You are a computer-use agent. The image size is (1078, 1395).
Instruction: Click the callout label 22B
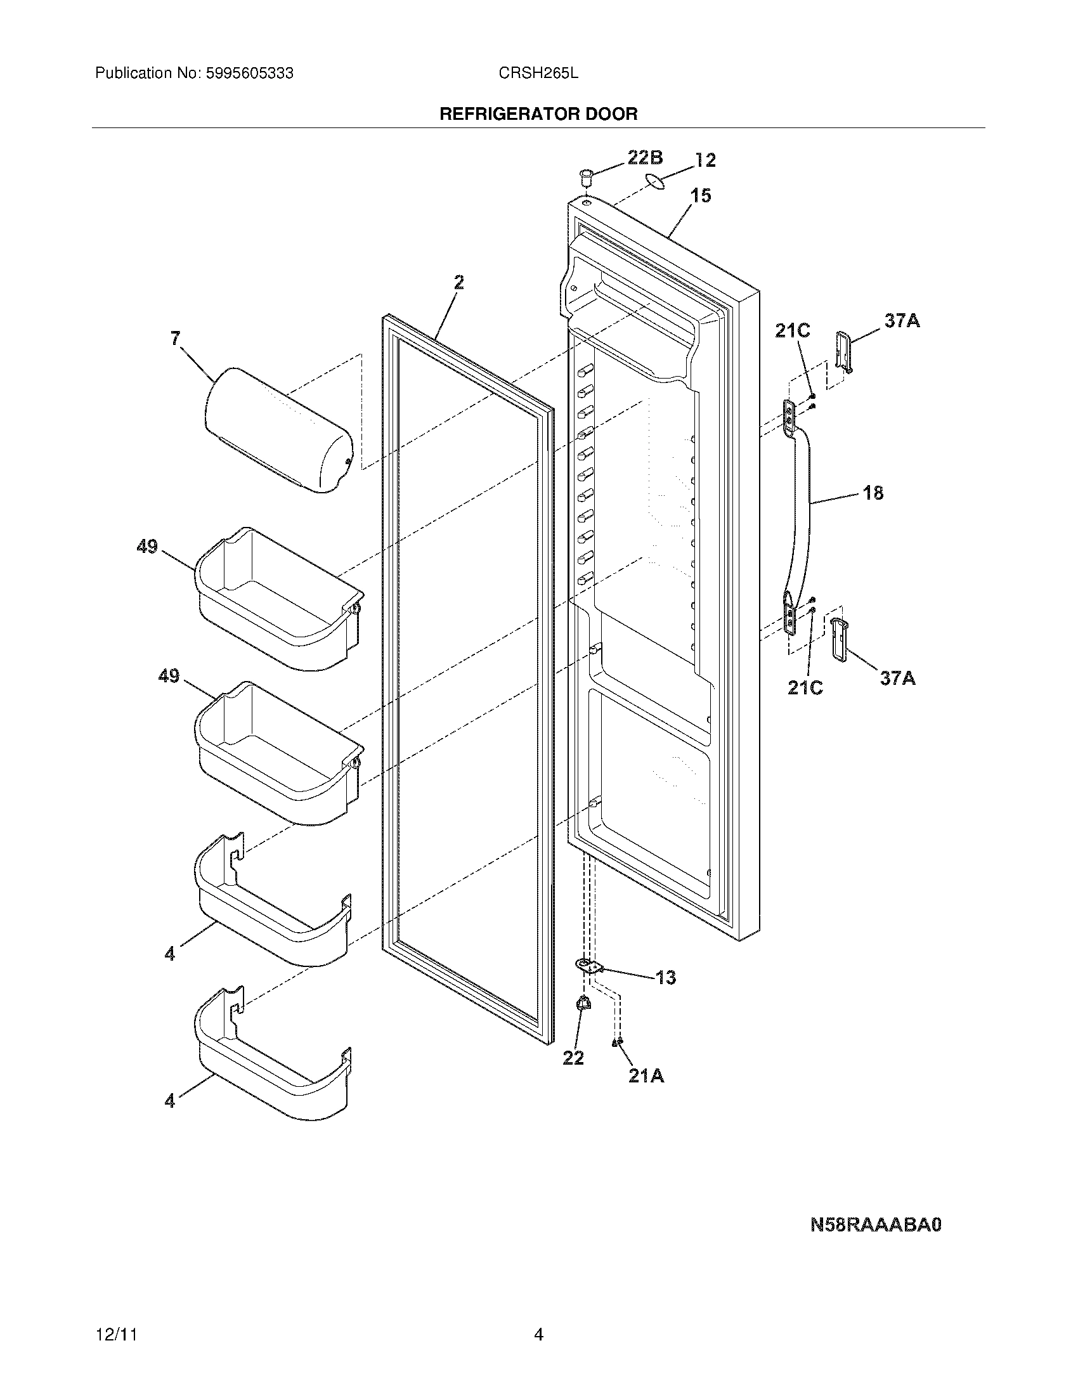click(644, 157)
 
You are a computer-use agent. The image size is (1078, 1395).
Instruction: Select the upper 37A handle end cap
click(843, 351)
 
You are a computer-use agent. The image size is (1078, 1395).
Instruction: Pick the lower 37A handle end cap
click(838, 639)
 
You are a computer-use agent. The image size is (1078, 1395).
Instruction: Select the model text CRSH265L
click(538, 74)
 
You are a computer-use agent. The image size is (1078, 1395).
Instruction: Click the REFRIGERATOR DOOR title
click(538, 114)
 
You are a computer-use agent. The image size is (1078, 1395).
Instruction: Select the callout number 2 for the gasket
click(458, 282)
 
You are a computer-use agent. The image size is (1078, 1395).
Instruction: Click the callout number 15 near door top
click(701, 195)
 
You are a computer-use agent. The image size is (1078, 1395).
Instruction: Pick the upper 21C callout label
click(792, 330)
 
